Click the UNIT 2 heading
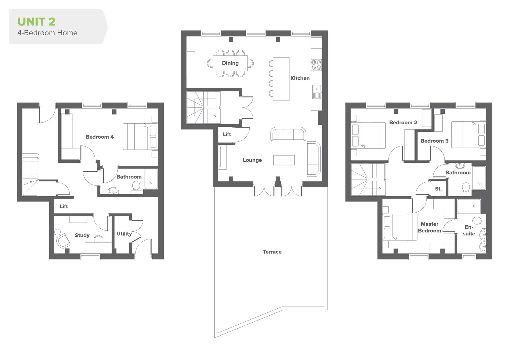tap(36, 22)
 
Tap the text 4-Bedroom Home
tap(47, 33)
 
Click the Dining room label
tap(230, 63)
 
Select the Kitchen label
tap(300, 78)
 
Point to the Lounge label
tap(252, 160)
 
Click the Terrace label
tap(272, 252)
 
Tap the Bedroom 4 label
tap(99, 137)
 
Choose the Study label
tap(82, 235)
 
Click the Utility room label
tap(124, 234)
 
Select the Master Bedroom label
tap(429, 227)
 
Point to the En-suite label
tap(469, 230)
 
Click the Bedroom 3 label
tap(434, 141)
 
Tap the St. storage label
tap(438, 189)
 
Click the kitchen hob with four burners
tap(316, 65)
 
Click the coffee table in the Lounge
tap(284, 160)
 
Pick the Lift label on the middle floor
tap(227, 134)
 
